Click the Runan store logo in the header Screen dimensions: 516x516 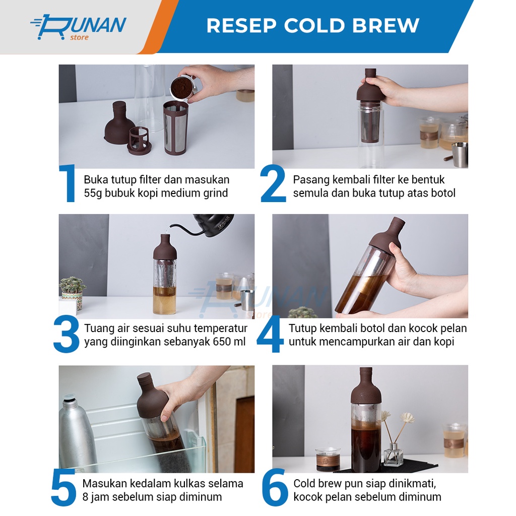point(78,27)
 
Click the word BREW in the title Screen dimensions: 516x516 point(385,26)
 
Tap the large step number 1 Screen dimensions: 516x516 point(68,183)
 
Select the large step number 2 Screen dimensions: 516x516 point(273,183)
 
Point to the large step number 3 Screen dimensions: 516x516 point(66,334)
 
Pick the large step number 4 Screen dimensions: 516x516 point(270,335)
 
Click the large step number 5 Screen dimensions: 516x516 point(64,488)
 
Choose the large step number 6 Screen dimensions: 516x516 point(275,488)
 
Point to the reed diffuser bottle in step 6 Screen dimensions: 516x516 point(394,454)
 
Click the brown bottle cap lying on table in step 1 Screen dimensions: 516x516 point(118,122)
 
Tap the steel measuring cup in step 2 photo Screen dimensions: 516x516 point(460,155)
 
